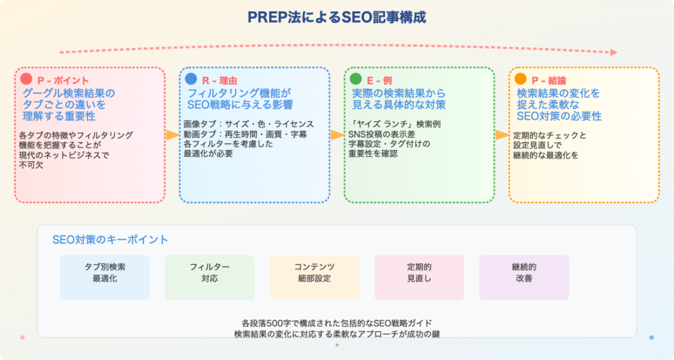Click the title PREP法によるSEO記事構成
click(x=336, y=18)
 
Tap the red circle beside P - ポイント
click(x=26, y=78)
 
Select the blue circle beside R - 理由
click(x=191, y=78)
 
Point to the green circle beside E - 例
click(x=355, y=78)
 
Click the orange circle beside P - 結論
click(x=520, y=78)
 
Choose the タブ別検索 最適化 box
click(x=105, y=278)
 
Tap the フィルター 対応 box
click(x=210, y=278)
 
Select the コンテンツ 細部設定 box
click(x=314, y=278)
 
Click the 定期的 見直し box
click(x=419, y=278)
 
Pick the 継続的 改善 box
click(x=524, y=278)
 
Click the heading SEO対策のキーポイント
click(x=110, y=240)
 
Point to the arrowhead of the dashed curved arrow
click(x=614, y=53)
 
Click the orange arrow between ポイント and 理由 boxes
click(x=172, y=135)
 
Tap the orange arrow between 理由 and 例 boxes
click(x=338, y=135)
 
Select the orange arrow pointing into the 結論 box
click(x=502, y=135)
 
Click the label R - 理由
click(x=220, y=80)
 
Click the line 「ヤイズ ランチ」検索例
click(x=395, y=124)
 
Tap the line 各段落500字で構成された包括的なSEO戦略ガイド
click(x=336, y=323)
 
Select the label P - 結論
click(x=548, y=80)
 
